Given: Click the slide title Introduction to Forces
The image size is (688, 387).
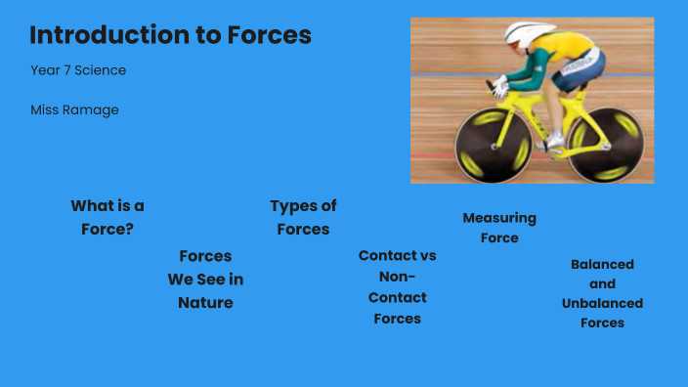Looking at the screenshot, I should pos(170,36).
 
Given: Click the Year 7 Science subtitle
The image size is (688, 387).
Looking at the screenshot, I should pos(78,70).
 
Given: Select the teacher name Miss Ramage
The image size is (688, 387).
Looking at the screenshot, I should pos(74,110).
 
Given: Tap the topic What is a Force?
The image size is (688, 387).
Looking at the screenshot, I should pos(107,218).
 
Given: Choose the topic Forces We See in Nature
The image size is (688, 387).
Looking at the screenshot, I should pos(205,279).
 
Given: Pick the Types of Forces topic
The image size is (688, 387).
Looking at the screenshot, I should pos(303,218).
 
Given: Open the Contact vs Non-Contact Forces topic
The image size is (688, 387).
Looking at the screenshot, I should pos(397,286).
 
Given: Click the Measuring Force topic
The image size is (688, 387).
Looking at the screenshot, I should pos(499,228).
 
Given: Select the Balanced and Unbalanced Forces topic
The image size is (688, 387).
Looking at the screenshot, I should pos(602,293).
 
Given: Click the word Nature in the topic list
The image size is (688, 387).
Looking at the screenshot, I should pos(205,303).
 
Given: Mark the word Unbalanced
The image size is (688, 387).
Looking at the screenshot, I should pos(602,303).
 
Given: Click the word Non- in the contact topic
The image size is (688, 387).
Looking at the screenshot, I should pos(397,277).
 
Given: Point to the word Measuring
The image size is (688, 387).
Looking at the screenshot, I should pos(499,218).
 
